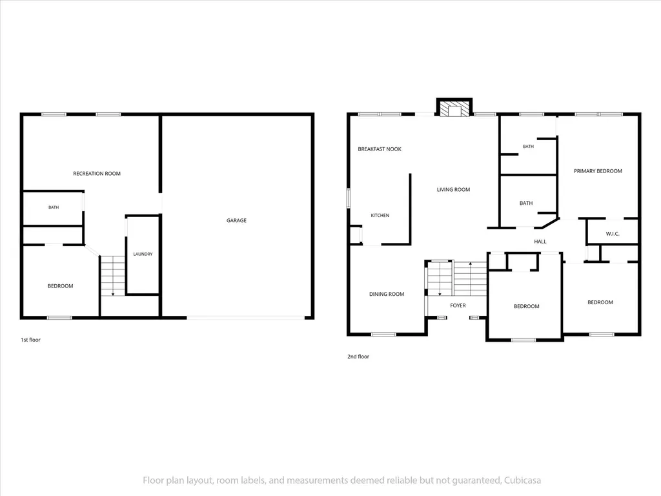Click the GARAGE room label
point(236,220)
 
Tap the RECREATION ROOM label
point(97,173)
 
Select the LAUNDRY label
point(143,254)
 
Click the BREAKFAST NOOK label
point(380,149)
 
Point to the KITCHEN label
point(380,215)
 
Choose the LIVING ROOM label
point(453,189)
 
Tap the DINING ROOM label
point(387,294)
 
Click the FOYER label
point(458,305)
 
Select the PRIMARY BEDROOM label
point(598,170)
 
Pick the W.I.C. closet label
point(613,234)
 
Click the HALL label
point(540,242)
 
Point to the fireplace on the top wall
point(454,108)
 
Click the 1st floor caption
point(30,340)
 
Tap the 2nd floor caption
point(358,356)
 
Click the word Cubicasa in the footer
point(522,480)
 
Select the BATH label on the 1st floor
point(54,207)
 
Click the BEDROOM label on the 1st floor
point(60,286)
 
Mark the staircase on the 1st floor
point(113,275)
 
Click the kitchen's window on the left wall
point(348,198)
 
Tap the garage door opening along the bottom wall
point(245,318)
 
